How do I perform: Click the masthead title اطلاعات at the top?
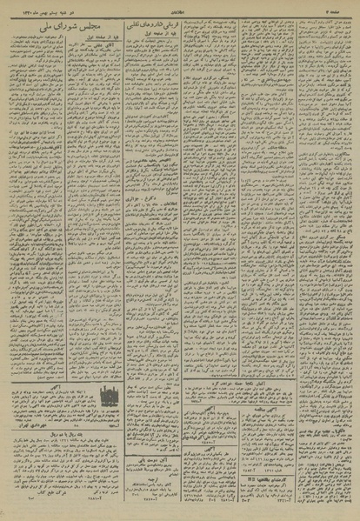click(x=179, y=6)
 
